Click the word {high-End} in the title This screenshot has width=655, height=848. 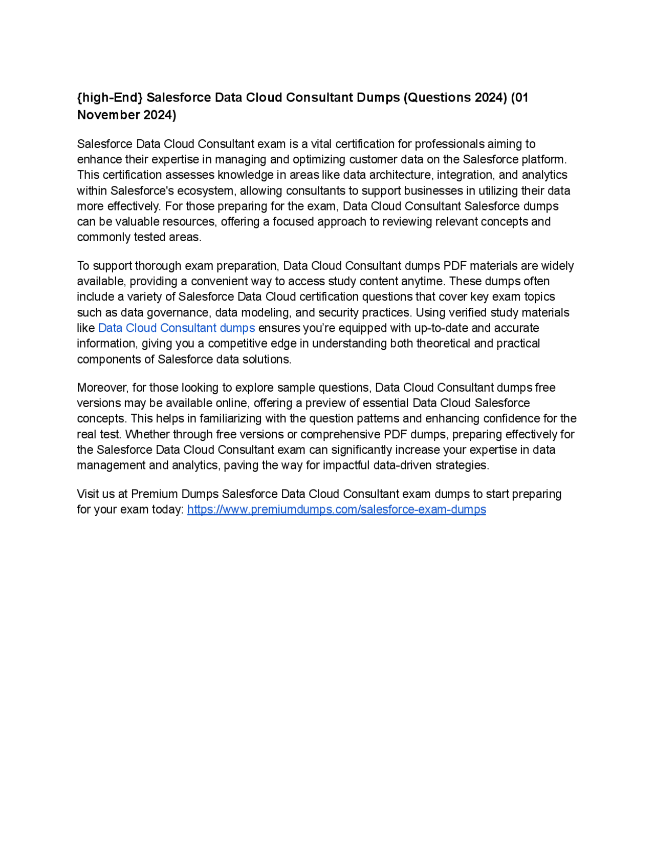click(x=110, y=98)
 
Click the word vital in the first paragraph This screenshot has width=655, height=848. click(x=321, y=144)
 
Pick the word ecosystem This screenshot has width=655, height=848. click(x=207, y=191)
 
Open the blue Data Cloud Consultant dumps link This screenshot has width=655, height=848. click(x=177, y=328)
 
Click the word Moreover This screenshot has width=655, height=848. click(x=102, y=388)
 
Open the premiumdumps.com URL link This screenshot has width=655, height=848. click(x=336, y=510)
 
